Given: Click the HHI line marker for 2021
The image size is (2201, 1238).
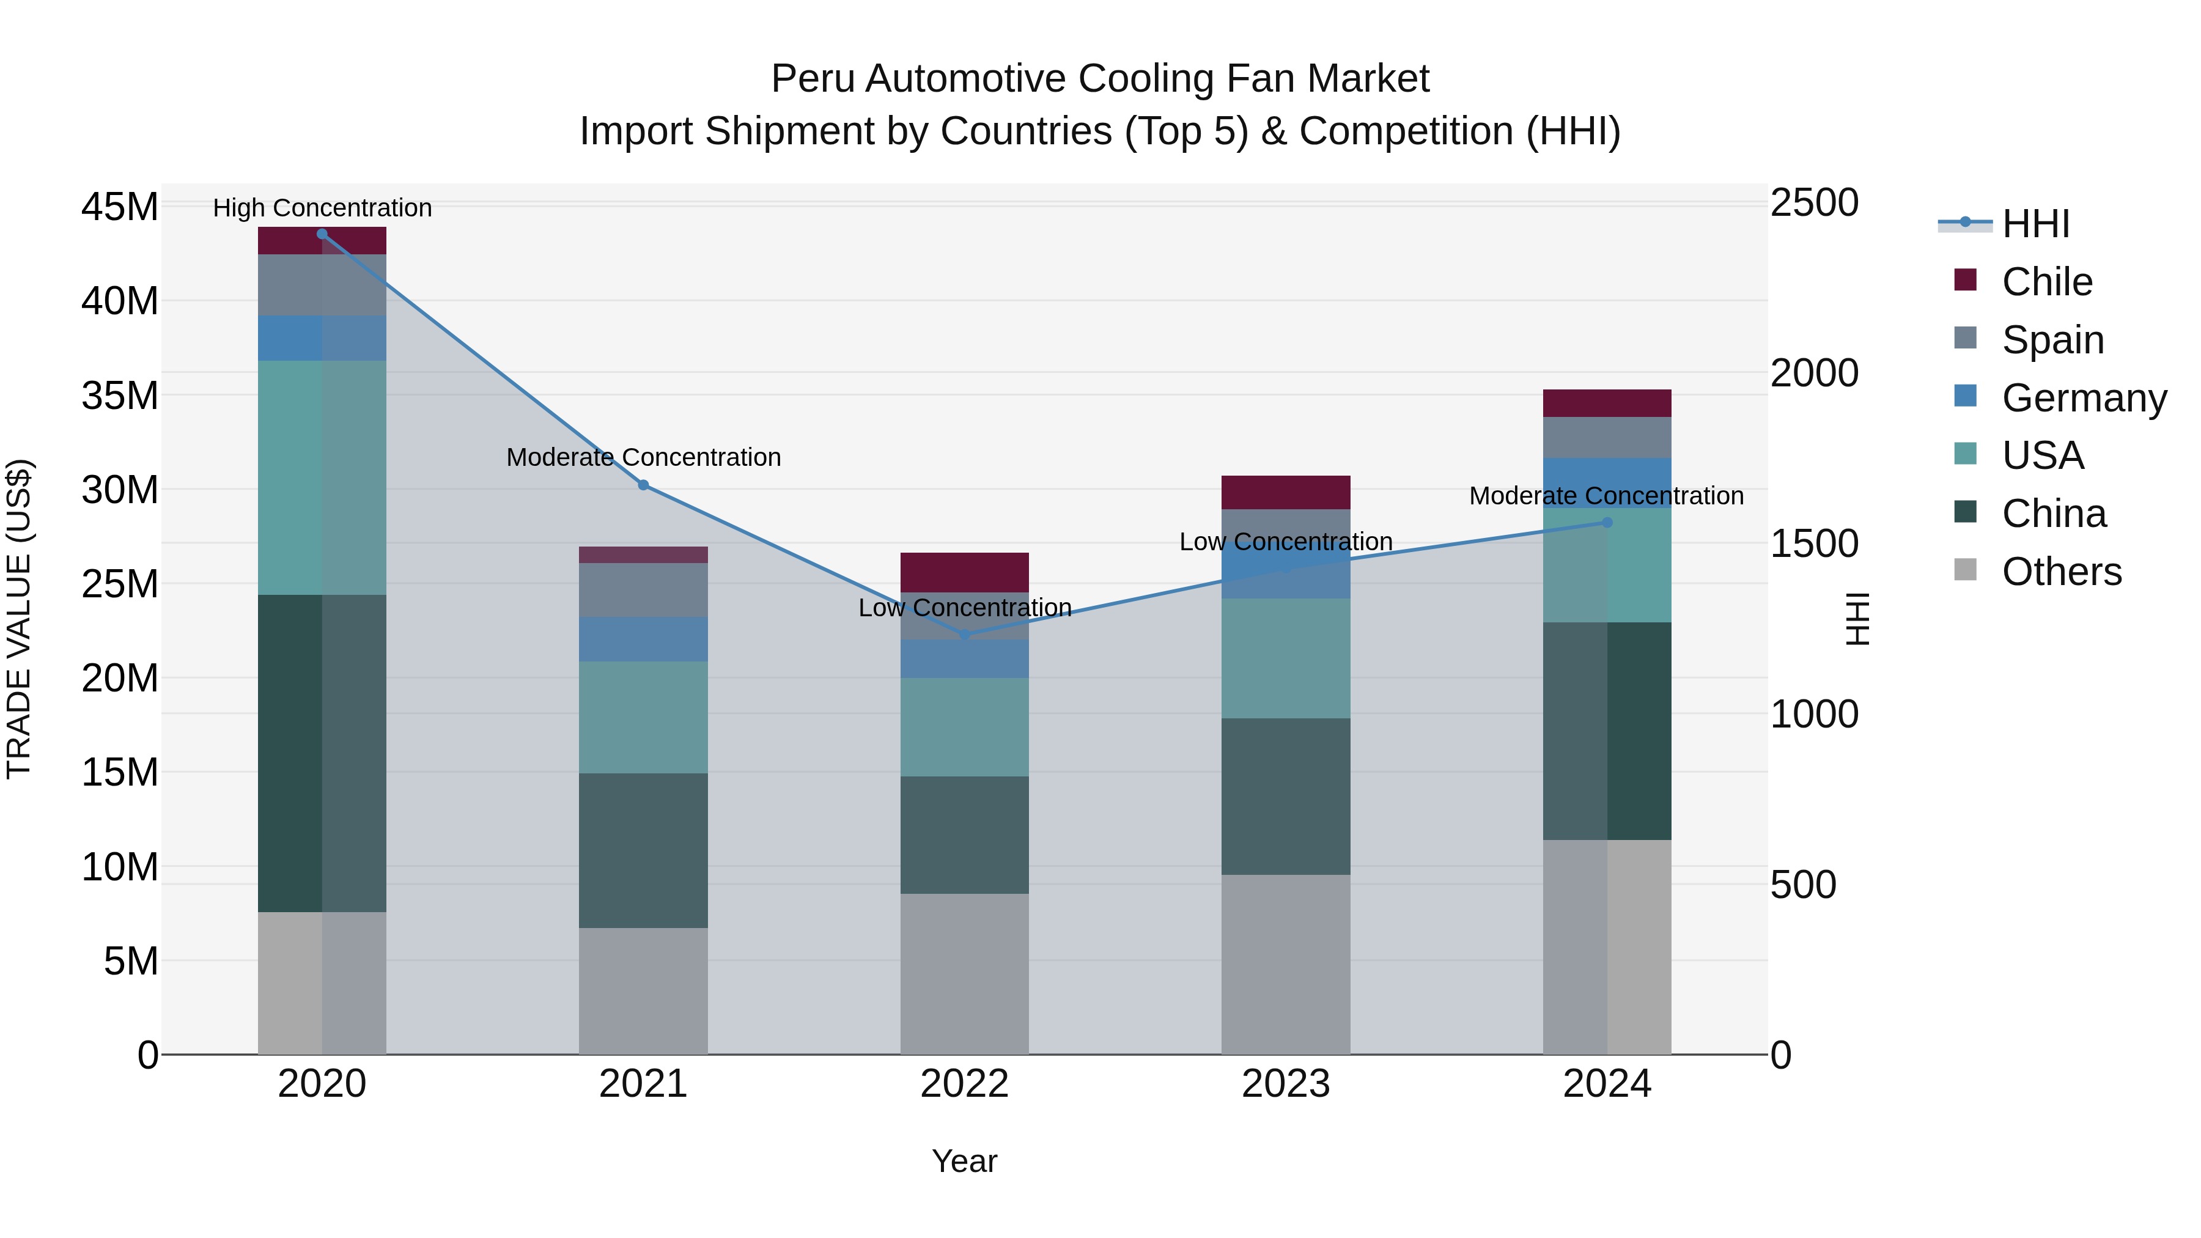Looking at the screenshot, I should pos(643,485).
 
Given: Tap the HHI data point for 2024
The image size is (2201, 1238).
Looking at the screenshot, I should pos(1607,522).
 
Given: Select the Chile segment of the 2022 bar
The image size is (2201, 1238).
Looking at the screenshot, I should pos(965,572).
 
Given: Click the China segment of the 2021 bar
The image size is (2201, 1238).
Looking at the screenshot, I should pos(643,850).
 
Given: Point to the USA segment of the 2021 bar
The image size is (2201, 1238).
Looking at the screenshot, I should pos(643,717).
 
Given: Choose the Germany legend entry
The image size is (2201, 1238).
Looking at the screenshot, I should pos(2083,398).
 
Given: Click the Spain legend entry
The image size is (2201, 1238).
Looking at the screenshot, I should pos(2052,340).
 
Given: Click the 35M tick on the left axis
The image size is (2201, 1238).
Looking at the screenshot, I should pos(120,396).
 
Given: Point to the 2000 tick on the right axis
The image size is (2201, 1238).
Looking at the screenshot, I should pos(1814,374).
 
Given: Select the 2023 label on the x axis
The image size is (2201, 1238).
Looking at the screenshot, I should pos(1286,1084).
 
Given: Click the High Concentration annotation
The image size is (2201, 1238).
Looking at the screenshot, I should pos(322,208).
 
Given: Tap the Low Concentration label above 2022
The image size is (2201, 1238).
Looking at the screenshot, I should pos(965,608).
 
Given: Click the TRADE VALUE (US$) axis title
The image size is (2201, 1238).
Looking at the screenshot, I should pos(19,619).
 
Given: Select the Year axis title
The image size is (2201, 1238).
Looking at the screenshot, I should pos(965,1161).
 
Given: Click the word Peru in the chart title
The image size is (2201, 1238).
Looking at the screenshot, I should pos(812,79).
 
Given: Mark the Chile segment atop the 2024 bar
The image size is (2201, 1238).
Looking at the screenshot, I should pos(1607,403).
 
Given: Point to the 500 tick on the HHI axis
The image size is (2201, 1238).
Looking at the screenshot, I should pos(1803,885).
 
